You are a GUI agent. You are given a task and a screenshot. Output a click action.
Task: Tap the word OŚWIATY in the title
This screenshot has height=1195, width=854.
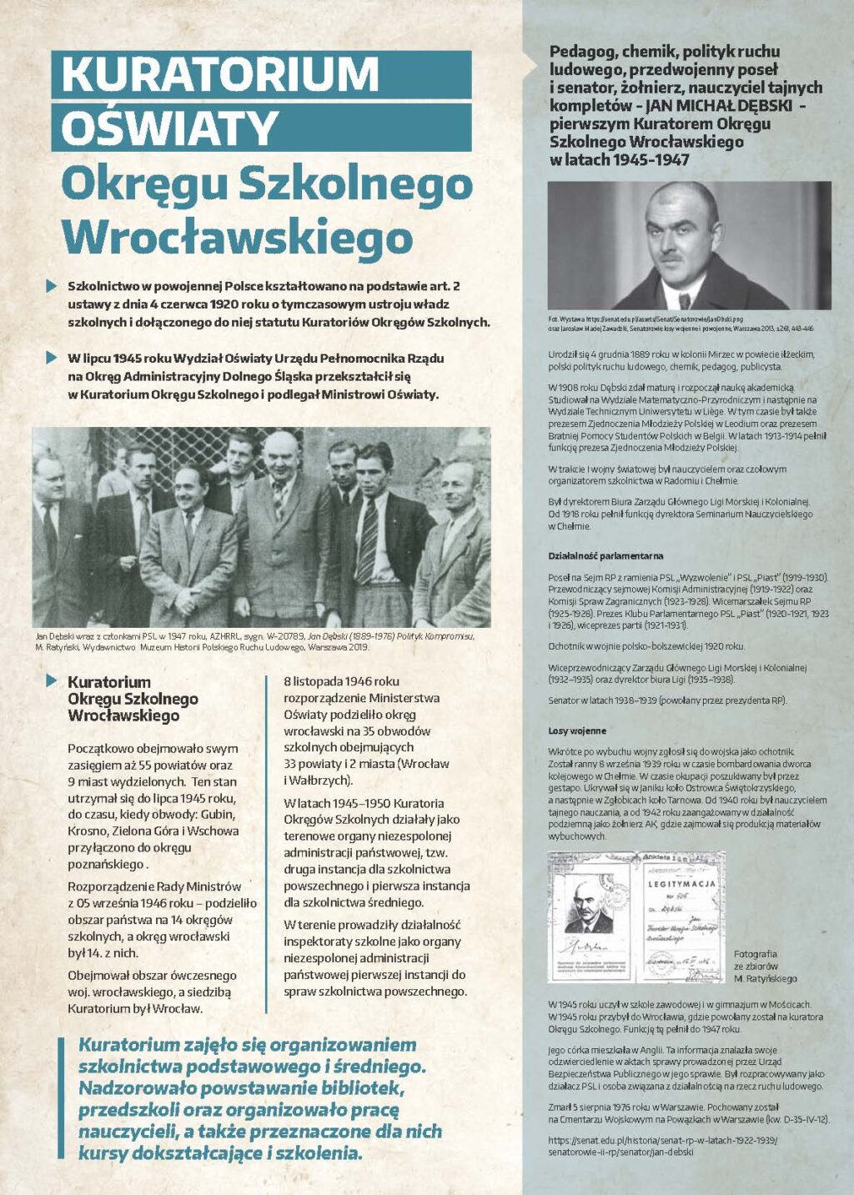click(169, 128)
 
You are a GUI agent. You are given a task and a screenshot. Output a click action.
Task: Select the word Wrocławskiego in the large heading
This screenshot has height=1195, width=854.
click(237, 237)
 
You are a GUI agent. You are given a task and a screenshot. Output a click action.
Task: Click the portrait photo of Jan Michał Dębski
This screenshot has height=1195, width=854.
click(689, 245)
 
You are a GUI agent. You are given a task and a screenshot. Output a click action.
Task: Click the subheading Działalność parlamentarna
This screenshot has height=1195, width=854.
click(594, 556)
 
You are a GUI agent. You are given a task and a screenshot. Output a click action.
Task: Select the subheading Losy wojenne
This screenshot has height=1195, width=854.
click(577, 731)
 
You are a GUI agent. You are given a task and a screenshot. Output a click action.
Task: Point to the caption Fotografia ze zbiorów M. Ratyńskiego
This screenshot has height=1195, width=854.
click(766, 966)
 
